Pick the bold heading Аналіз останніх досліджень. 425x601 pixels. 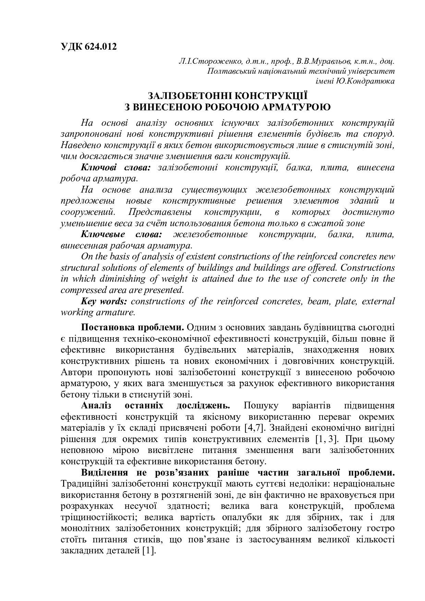tap(155, 406)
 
